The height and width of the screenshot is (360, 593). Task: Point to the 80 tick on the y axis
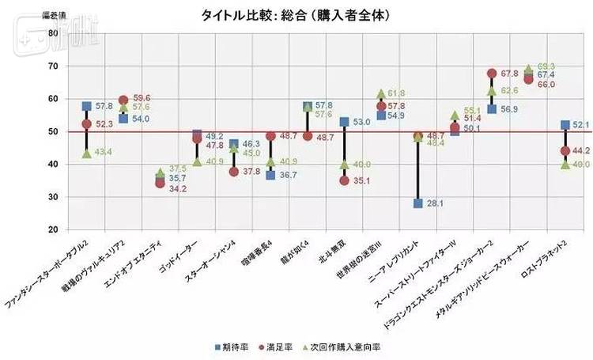pyautogui.click(x=52, y=33)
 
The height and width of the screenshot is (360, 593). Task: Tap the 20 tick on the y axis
pyautogui.click(x=52, y=229)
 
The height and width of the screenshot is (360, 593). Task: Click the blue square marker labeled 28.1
pyautogui.click(x=418, y=203)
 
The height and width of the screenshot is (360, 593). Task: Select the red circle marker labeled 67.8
pyautogui.click(x=492, y=74)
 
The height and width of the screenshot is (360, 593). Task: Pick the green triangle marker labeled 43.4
pyautogui.click(x=86, y=153)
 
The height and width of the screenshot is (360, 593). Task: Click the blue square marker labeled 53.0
pyautogui.click(x=345, y=122)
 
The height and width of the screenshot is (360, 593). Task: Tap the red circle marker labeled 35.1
pyautogui.click(x=345, y=180)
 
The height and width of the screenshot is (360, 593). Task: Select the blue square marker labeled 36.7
pyautogui.click(x=270, y=175)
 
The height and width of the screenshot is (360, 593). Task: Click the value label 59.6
pyautogui.click(x=143, y=98)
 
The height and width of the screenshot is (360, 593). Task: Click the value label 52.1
pyautogui.click(x=583, y=124)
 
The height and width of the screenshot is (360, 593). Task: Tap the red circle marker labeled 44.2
pyautogui.click(x=565, y=150)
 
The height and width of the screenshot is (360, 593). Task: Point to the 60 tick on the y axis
pyautogui.click(x=52, y=99)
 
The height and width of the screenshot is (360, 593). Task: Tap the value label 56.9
pyautogui.click(x=510, y=108)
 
